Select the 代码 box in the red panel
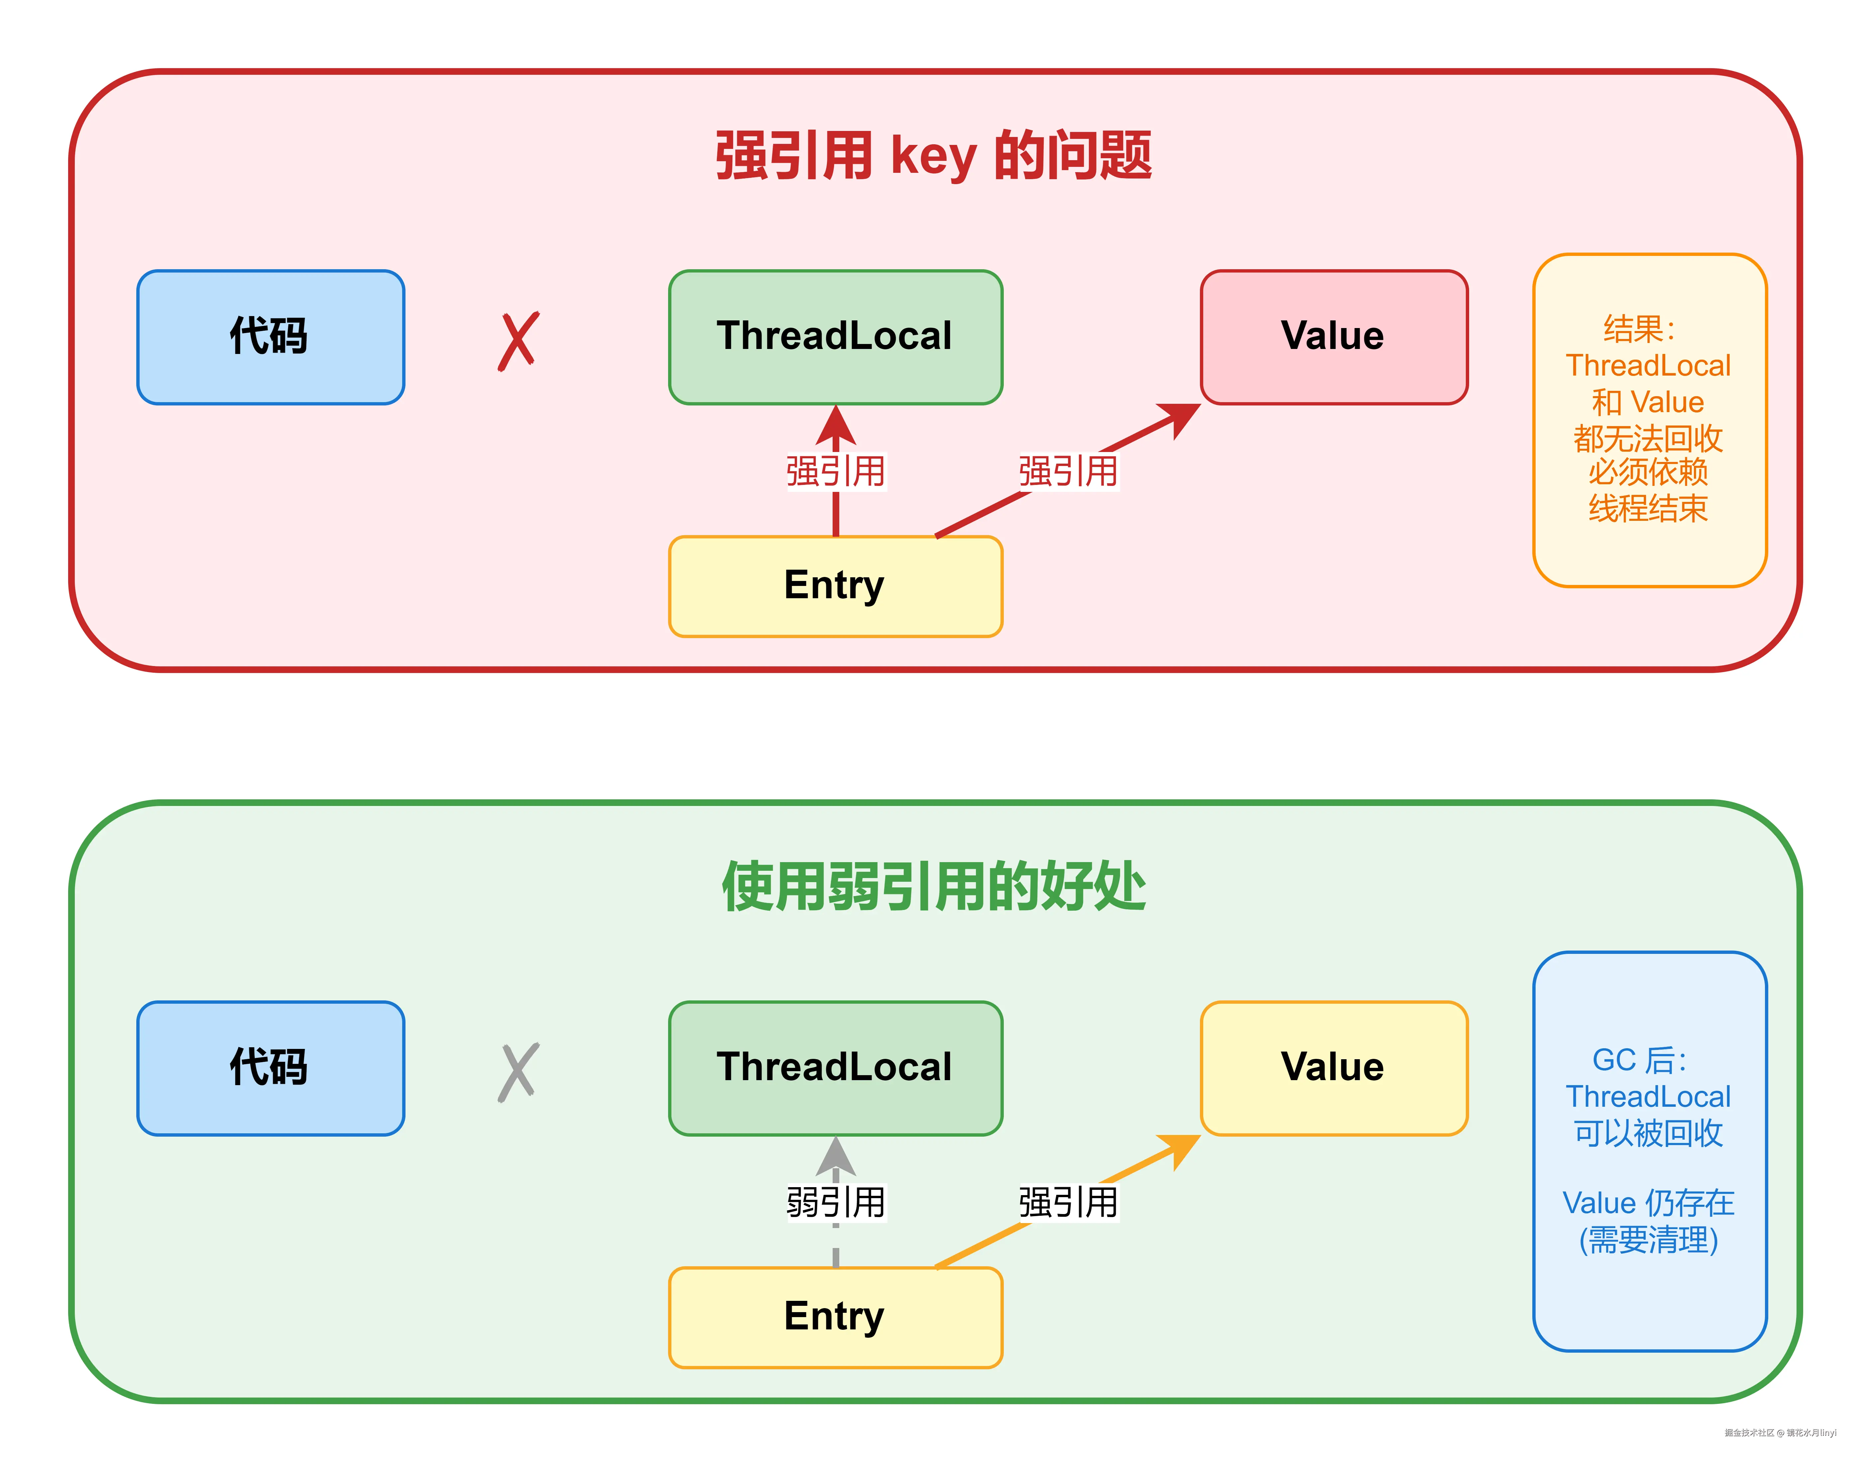tap(270, 336)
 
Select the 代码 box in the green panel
tap(270, 1067)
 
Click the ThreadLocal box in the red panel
tap(835, 336)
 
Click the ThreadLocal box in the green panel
tap(835, 1067)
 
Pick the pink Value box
tap(1333, 336)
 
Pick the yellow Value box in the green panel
tap(1333, 1067)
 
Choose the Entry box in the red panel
tap(835, 586)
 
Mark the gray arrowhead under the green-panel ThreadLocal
tap(835, 1155)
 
